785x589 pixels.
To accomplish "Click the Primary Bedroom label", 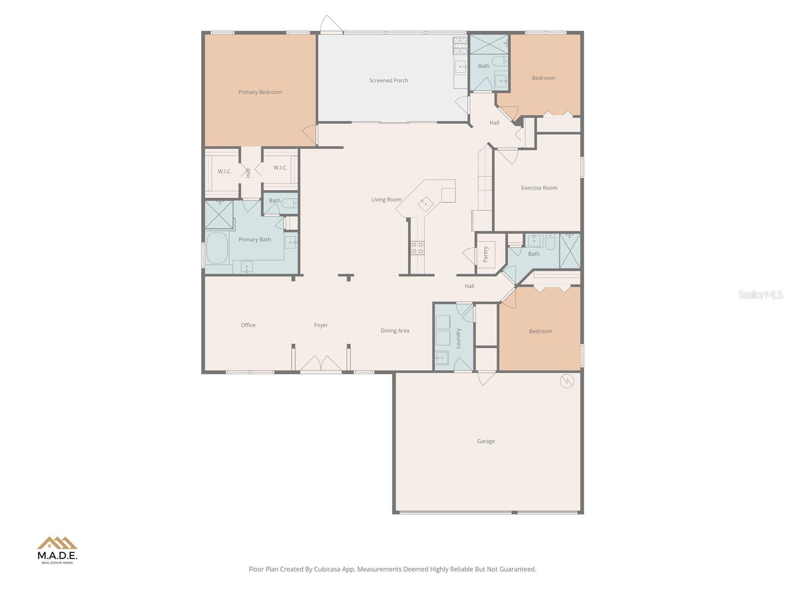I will tap(260, 92).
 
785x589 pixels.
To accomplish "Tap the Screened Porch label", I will tap(389, 80).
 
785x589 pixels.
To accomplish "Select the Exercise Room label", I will tap(539, 188).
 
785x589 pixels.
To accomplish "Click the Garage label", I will tap(486, 441).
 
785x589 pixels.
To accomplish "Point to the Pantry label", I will tap(486, 254).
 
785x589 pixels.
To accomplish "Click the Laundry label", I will tap(459, 338).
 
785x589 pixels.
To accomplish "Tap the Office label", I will tap(248, 325).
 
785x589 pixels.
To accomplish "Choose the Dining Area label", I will tap(394, 331).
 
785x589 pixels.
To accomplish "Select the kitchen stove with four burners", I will tap(418, 248).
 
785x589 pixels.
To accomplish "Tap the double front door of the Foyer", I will tap(321, 364).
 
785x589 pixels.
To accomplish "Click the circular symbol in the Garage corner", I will tap(567, 381).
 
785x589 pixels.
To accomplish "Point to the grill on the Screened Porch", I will tap(460, 46).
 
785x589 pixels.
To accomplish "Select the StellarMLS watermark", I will tap(760, 294).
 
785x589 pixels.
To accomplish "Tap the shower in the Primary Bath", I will tap(218, 215).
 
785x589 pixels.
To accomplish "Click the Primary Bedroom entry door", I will tap(310, 135).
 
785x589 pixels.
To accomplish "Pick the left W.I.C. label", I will tap(225, 171).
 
